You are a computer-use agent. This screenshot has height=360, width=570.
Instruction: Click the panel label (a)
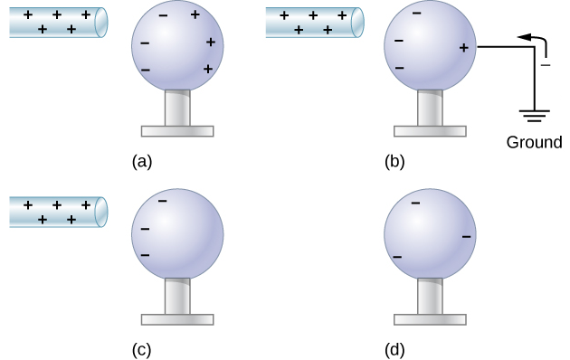(x=141, y=162)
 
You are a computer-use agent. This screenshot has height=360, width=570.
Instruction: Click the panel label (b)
(x=394, y=162)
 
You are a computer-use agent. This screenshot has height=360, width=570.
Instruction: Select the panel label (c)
(x=141, y=348)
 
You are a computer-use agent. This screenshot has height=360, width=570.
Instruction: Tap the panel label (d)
(x=394, y=348)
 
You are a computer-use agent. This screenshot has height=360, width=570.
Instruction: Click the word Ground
(x=534, y=142)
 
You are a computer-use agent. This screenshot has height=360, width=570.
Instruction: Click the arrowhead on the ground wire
(x=522, y=37)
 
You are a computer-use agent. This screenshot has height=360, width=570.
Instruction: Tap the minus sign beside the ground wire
(x=545, y=65)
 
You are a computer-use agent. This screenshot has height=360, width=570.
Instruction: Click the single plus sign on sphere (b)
(x=463, y=47)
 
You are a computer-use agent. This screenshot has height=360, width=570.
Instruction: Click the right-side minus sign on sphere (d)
(x=466, y=237)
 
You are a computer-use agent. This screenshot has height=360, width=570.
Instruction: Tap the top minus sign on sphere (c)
(x=162, y=201)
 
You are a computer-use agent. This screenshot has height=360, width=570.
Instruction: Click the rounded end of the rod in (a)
(x=102, y=23)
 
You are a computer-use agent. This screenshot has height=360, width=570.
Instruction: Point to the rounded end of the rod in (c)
(x=102, y=213)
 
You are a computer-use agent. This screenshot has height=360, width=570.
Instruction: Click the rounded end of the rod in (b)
(x=358, y=23)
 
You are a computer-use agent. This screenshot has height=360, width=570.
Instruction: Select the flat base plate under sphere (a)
(x=177, y=130)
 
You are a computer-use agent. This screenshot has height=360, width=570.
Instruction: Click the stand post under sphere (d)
(x=431, y=294)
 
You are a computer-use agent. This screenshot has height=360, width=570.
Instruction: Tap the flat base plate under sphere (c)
(x=177, y=318)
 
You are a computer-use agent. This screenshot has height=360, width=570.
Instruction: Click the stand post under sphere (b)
(x=431, y=107)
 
